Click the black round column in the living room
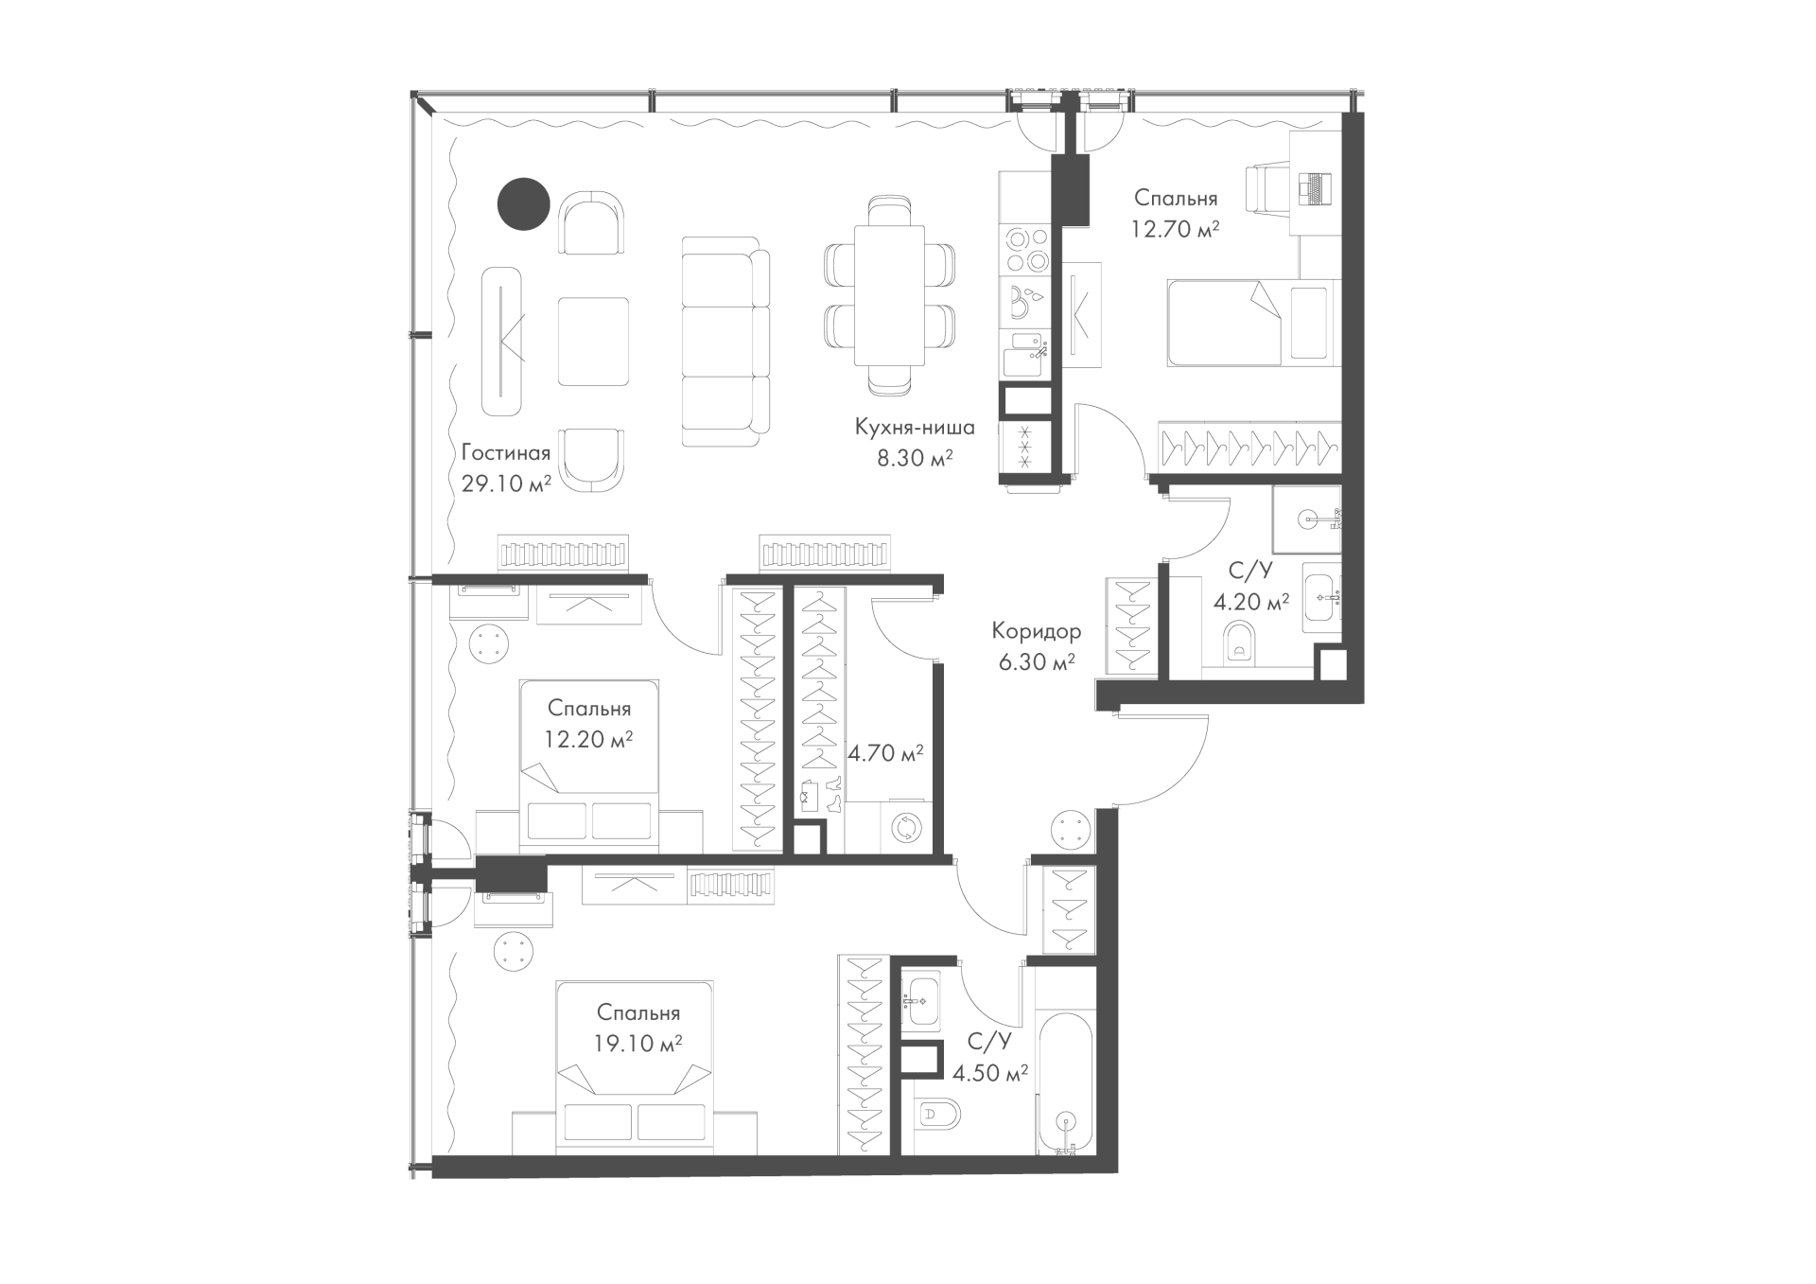[524, 204]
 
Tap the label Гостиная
[506, 452]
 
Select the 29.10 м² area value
[506, 484]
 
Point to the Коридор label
[1037, 630]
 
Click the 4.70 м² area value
[885, 754]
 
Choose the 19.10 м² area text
[638, 1045]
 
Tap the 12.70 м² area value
[1176, 229]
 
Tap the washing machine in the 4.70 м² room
[906, 828]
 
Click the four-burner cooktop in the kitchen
[1026, 249]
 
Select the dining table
[889, 295]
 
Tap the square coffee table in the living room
[593, 342]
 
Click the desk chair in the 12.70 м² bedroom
[1268, 196]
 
